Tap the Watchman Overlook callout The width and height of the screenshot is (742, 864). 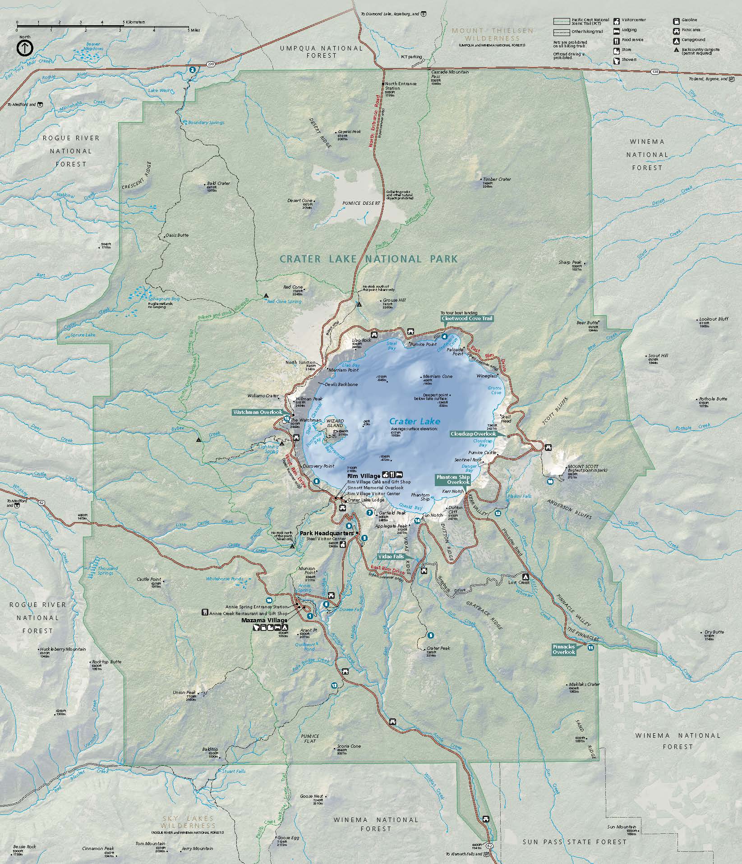(257, 412)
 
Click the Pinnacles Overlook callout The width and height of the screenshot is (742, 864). (564, 649)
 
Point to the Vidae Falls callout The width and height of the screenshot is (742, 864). (391, 556)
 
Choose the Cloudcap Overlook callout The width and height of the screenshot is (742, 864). (473, 434)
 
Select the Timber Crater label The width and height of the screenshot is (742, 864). (497, 179)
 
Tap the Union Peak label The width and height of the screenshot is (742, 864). (184, 692)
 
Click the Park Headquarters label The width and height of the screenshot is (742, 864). (327, 533)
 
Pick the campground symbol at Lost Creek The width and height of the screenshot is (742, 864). (525, 576)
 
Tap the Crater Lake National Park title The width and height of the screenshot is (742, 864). (369, 259)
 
